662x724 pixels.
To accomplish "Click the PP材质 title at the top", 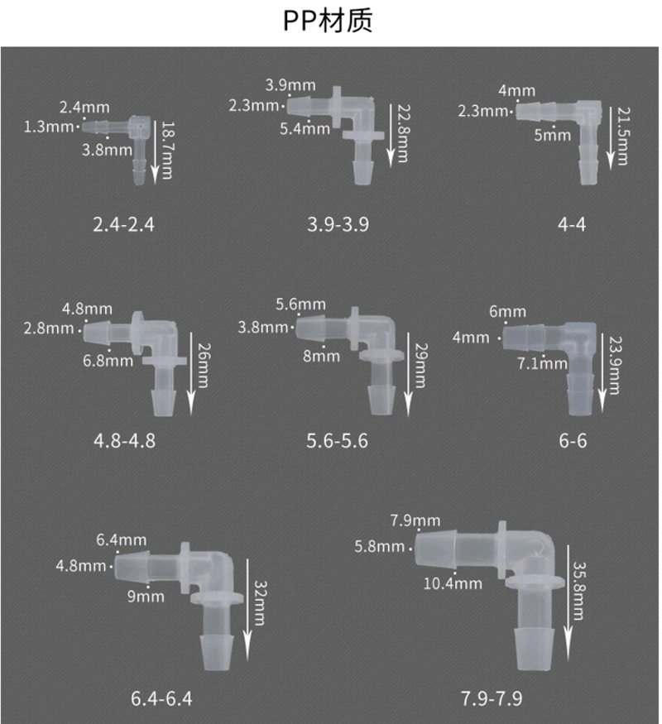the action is pos(328,21).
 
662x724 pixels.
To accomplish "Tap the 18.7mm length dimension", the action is pos(166,151).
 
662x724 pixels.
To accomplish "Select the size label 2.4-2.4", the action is pos(124,225).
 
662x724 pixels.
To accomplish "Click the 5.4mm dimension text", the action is pos(305,129).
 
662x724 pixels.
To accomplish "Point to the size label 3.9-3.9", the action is pos(338,225).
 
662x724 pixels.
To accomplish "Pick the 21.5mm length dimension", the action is pos(623,137).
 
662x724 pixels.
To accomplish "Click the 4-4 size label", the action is pos(572,225).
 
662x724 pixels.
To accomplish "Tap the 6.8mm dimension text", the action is pos(108,361).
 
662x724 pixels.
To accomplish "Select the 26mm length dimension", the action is pos(203,365).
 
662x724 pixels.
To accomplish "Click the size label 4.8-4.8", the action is pos(125,441).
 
